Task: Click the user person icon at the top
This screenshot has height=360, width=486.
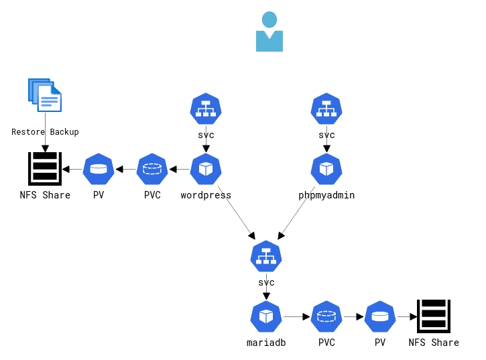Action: tap(269, 32)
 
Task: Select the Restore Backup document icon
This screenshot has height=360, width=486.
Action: tap(45, 95)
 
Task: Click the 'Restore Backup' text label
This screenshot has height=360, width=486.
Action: tap(45, 132)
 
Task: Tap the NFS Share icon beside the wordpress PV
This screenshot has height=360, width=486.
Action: tap(45, 168)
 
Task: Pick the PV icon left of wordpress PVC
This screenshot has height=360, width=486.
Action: tap(99, 169)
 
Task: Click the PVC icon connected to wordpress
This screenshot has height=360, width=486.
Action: tap(152, 169)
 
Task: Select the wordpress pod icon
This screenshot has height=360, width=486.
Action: tap(206, 169)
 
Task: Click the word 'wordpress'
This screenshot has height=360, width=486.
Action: tap(206, 196)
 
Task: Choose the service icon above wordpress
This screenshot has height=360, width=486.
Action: tap(206, 109)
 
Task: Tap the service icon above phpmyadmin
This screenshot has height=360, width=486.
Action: tap(326, 109)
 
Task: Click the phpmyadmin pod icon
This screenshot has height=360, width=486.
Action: tap(326, 169)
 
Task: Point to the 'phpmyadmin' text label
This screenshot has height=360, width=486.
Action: tap(326, 196)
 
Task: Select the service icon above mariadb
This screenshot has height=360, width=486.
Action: tap(266, 256)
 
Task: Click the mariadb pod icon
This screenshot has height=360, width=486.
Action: tap(266, 316)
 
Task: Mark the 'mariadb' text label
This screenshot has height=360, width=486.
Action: tap(266, 343)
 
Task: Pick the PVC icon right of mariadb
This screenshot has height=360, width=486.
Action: tap(326, 316)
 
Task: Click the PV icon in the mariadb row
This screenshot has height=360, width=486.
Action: tap(380, 316)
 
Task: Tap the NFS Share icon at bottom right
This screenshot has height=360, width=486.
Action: tap(434, 316)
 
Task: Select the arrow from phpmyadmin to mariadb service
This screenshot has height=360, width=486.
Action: tap(296, 213)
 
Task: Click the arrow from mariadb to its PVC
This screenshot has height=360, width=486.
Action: tap(296, 316)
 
